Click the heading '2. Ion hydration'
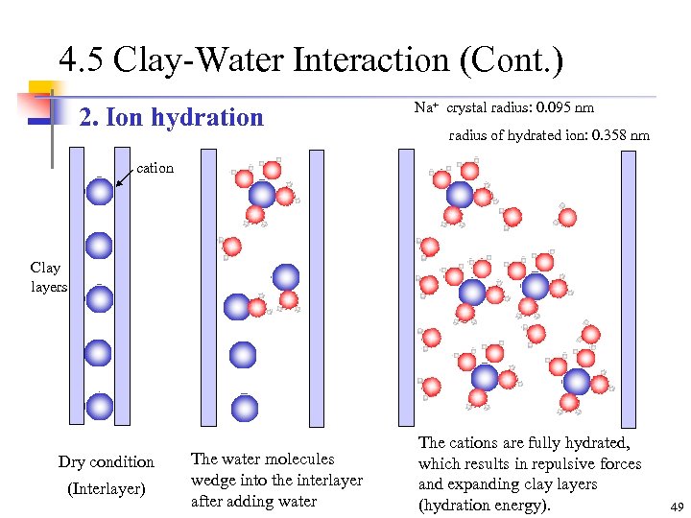[171, 118]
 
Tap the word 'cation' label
[155, 168]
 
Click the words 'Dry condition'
[106, 461]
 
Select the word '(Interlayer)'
[106, 489]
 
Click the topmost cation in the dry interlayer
[99, 192]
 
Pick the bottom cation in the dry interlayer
[99, 406]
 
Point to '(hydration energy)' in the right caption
[485, 505]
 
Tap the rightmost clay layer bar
[629, 287]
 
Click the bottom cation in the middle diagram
[245, 408]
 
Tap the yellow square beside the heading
[40, 92]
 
